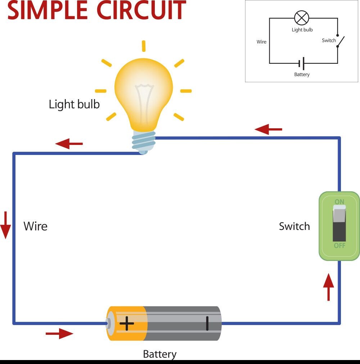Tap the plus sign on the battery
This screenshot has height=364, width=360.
point(127,323)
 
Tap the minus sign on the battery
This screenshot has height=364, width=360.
point(207,323)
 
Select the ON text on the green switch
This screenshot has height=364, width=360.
point(339,202)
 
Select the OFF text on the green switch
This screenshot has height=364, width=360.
point(339,245)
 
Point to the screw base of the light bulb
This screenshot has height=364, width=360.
point(144,142)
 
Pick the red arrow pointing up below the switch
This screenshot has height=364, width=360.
point(328,287)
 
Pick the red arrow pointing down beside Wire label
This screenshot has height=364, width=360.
point(5,225)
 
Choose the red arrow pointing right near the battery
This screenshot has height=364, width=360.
point(59,334)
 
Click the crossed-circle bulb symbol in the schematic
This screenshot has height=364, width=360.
point(302,18)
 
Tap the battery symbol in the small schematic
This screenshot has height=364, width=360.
point(302,63)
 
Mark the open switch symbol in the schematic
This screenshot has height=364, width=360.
point(340,41)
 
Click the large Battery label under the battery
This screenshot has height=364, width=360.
point(159,354)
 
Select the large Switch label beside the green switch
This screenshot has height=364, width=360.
point(294,226)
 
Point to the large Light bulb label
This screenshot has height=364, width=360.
point(74,104)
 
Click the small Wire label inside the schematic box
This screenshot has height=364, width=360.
point(261,42)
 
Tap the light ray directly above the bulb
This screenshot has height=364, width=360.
point(144,46)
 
